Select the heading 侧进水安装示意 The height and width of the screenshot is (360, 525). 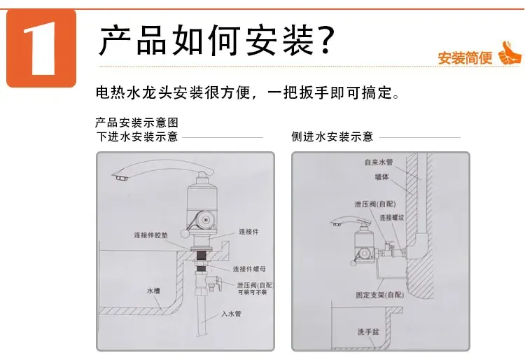pyautogui.click(x=332, y=137)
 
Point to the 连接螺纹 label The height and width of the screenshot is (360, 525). pyautogui.click(x=393, y=218)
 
